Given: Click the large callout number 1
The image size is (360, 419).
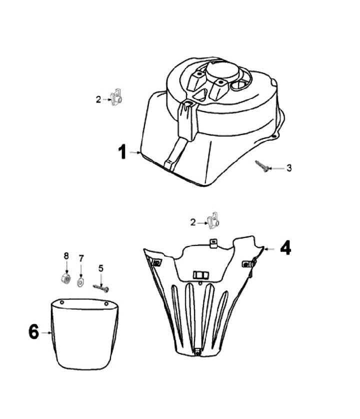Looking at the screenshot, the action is pos(122,152).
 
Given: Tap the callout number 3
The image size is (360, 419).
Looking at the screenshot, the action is pos(289,168).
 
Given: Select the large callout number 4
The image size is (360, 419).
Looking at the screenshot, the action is pos(285,248).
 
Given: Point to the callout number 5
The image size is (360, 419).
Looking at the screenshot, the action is pos(101,268).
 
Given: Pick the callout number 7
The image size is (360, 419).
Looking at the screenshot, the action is pos(81,258).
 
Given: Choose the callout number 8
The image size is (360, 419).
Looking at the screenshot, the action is pos(66,255).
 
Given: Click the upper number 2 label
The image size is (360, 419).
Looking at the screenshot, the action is pos(98,99).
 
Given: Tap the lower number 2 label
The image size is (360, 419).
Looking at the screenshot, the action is pos(193,222).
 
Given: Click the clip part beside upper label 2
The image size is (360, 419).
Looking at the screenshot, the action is pos(116,97).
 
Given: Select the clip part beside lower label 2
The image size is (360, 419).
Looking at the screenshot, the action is pos(213,220).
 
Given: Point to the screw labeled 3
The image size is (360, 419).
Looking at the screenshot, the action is pos(261,166).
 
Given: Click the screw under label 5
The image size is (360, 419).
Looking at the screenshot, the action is pos(101,288).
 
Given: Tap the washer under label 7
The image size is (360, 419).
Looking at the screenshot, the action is pos(80,282).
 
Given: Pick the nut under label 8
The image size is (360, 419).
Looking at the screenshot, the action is pos(65,278).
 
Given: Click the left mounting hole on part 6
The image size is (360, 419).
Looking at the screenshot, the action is pos(62,302).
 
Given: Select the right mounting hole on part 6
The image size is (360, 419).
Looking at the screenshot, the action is pos(106,303).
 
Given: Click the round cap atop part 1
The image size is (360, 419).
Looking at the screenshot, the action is pos(222,71).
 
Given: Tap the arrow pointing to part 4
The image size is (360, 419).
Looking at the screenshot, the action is pos(269,249).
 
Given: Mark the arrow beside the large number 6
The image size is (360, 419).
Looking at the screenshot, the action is pos(46,332).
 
